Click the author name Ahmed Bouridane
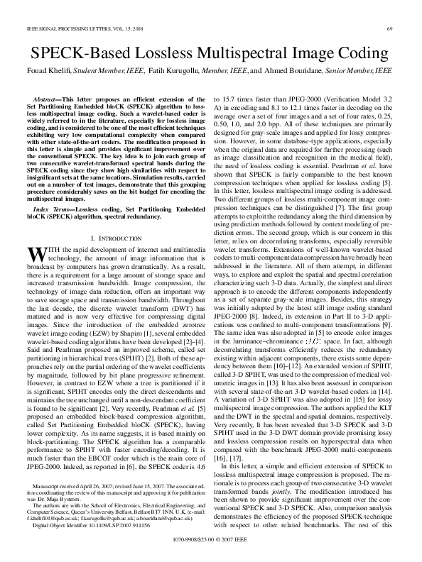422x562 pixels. point(298,71)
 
